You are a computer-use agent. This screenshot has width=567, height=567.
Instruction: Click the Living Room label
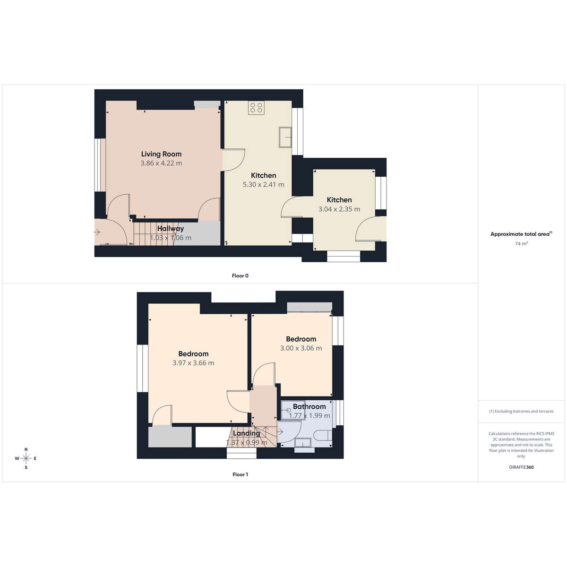coord(161,154)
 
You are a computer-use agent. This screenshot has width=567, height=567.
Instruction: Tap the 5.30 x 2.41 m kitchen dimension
coord(263,184)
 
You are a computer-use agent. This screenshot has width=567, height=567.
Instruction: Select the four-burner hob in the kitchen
coord(256,107)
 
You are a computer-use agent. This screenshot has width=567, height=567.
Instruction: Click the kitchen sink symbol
coord(285,137)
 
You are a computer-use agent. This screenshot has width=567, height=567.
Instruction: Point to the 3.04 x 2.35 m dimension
coord(339,209)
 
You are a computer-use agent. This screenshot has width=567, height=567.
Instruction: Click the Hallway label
coord(171,228)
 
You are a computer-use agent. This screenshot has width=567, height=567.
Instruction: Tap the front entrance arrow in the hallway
coord(97,232)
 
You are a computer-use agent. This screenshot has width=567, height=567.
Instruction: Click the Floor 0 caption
coord(240,275)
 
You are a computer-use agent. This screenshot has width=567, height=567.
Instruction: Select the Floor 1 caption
coord(240,474)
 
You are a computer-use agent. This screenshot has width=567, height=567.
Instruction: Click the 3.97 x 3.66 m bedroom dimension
coord(193,363)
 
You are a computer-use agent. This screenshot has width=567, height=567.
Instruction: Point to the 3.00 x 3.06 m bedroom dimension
coord(301,348)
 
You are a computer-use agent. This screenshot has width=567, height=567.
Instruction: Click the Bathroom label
coord(309,406)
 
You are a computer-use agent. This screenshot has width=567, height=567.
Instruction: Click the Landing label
coord(247,433)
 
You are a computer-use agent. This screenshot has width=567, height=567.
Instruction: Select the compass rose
coord(26,458)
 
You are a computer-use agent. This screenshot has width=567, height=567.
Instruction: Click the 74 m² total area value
coord(521,243)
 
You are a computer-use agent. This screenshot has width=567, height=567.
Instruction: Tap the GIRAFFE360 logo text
coord(521,467)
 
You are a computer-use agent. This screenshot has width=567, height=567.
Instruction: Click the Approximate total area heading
coord(521,234)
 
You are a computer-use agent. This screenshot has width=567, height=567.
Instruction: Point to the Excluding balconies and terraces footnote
coord(521,411)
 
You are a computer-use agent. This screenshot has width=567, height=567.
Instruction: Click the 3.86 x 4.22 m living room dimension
coord(161,163)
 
